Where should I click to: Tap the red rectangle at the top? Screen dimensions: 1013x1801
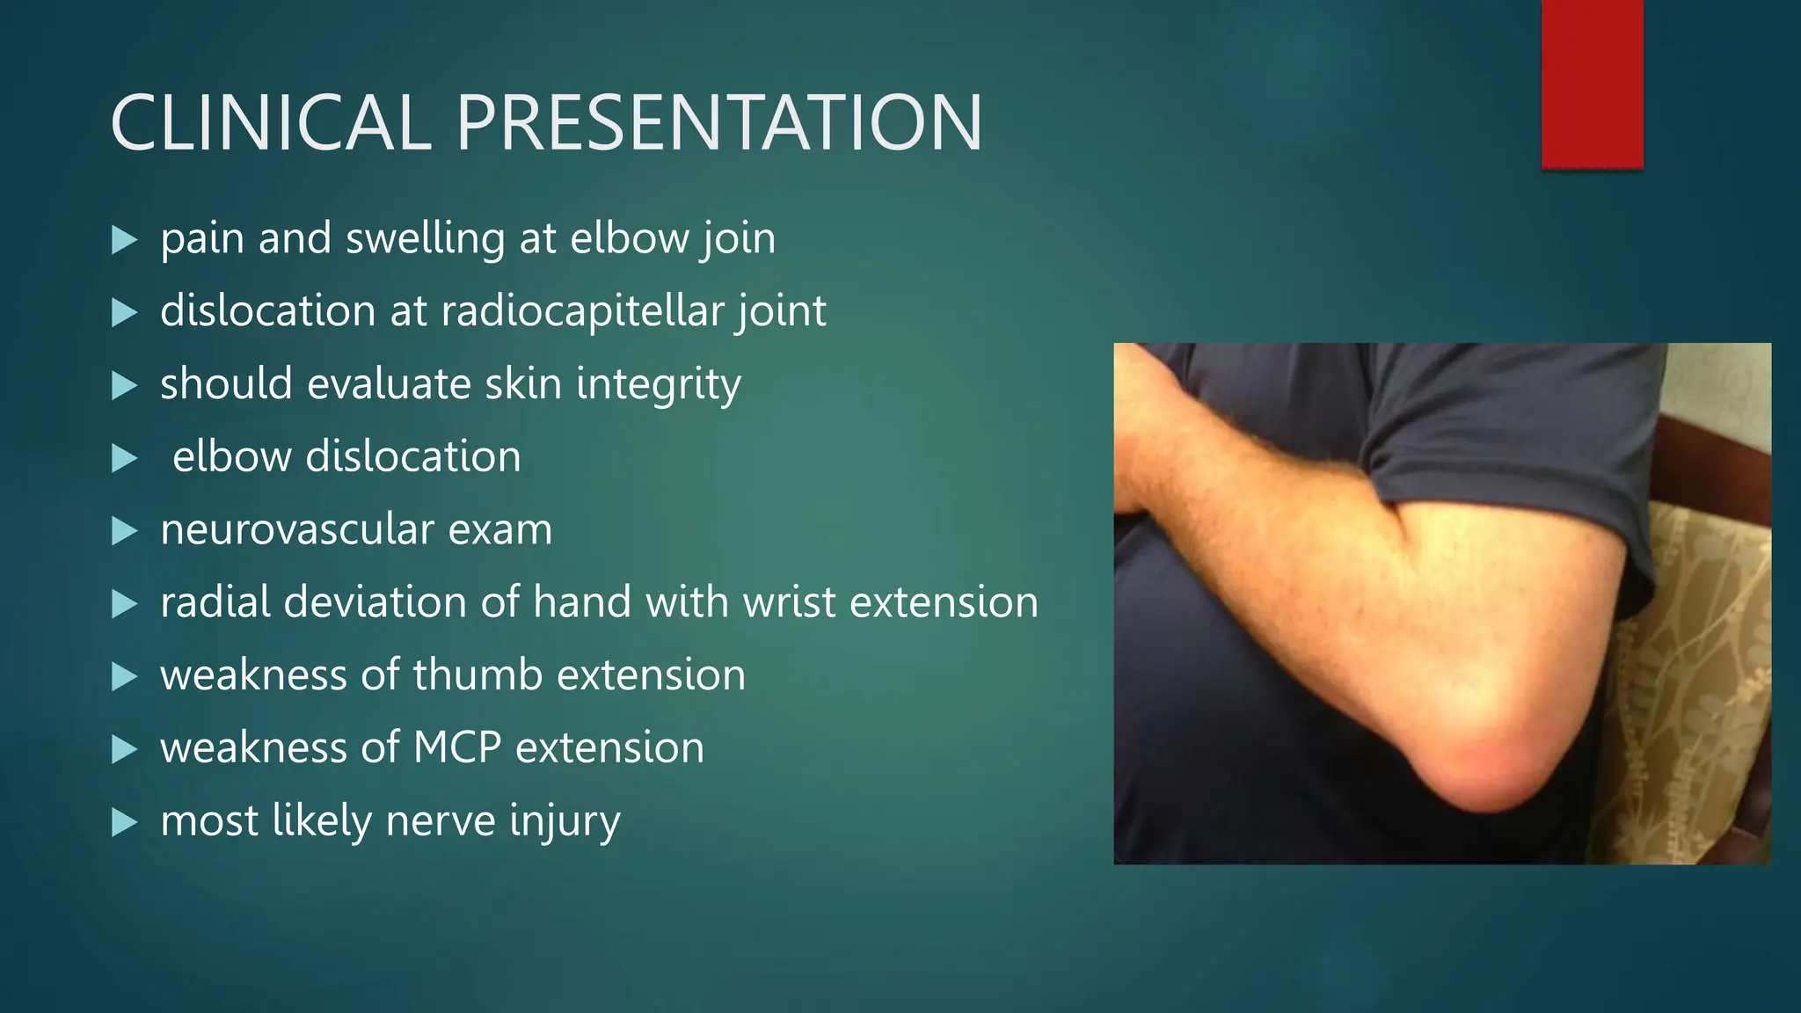coord(1592,84)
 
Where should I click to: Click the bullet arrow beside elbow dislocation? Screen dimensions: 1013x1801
coord(125,458)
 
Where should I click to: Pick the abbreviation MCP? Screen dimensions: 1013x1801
coord(456,748)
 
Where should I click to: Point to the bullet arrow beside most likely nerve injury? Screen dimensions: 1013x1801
coord(125,822)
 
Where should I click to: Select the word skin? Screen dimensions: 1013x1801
coord(523,385)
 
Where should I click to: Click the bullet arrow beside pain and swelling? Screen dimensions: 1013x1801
coord(125,240)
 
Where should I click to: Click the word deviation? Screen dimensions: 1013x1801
coord(376,603)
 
